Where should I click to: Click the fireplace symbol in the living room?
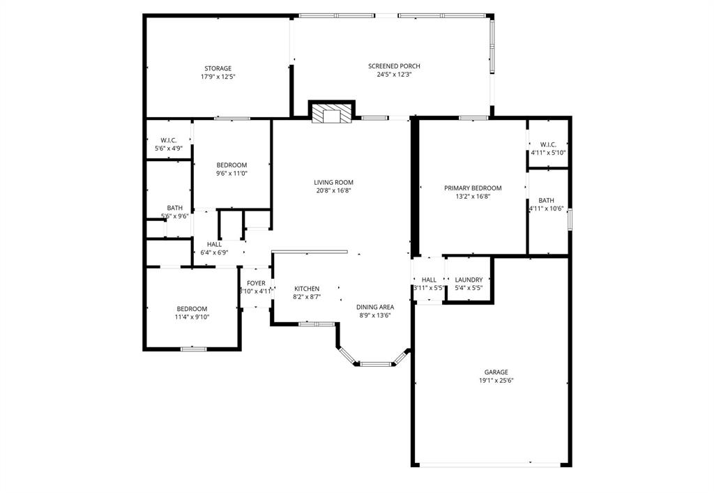[x=332, y=115]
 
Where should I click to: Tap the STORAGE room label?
[x=218, y=68]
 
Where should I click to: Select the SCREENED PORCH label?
[x=394, y=66]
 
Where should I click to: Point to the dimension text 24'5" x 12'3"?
[x=394, y=75]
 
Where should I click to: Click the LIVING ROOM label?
[x=332, y=182]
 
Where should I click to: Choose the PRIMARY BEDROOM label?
[x=473, y=188]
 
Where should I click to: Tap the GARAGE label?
[x=496, y=372]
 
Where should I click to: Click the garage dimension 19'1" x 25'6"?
[x=496, y=381]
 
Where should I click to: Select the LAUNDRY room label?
[x=469, y=280]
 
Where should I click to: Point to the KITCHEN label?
[x=307, y=289]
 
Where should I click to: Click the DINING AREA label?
[x=374, y=307]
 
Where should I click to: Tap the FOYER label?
[x=256, y=283]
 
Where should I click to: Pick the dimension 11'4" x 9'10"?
[x=192, y=317]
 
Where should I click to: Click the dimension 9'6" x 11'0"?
[x=231, y=174]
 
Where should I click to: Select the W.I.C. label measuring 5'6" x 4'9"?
[x=168, y=140]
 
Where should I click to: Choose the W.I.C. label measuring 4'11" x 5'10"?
[x=547, y=144]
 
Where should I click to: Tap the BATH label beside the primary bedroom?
[x=547, y=200]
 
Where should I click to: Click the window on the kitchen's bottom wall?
[x=317, y=324]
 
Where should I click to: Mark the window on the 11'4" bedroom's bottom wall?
[x=193, y=349]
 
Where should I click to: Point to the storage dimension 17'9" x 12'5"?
[x=218, y=77]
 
